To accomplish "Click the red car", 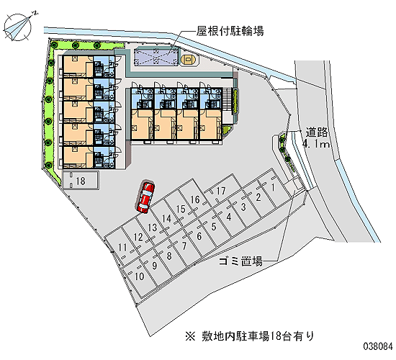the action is (x=145, y=197).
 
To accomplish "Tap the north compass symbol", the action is (x=19, y=26).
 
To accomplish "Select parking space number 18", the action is (x=81, y=180).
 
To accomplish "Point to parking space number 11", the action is (x=122, y=247).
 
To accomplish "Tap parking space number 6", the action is (x=199, y=236).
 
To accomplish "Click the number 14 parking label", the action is (x=167, y=219).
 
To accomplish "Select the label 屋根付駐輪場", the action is (x=230, y=31).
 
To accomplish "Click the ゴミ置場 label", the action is (x=240, y=261).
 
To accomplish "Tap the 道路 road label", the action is (x=317, y=132).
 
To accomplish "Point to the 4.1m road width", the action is (x=316, y=144).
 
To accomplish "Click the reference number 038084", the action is (x=378, y=346).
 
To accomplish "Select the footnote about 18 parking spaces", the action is (x=250, y=336).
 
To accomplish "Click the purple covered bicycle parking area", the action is (x=156, y=56).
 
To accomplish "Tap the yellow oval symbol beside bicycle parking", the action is (x=188, y=60).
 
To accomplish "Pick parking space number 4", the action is (x=228, y=217).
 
